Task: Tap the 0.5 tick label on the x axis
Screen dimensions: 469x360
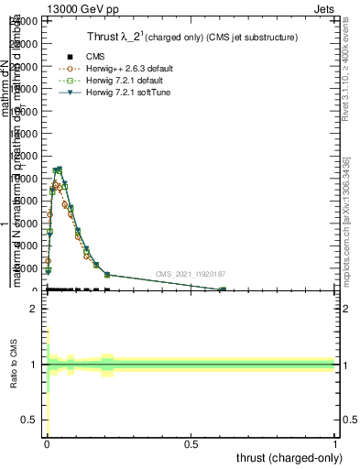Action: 191,442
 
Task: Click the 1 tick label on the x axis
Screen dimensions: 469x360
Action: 335,442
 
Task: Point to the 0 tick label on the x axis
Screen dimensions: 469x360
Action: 47,442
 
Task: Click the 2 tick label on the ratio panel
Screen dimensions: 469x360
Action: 33,310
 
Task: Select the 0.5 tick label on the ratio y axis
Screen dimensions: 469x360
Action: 28,420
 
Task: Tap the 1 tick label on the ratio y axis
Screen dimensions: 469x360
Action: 33,365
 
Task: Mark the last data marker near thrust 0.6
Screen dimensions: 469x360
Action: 223,289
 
